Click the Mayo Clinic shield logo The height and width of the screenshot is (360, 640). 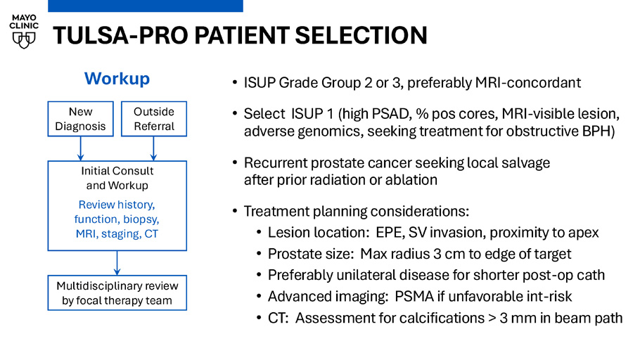coord(24,40)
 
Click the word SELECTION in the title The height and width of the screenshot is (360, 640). coord(361,35)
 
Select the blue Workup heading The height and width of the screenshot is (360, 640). coord(117,78)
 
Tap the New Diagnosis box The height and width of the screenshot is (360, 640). coord(80,119)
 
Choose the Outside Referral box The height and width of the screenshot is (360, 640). coord(154,119)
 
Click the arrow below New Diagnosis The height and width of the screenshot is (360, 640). coord(80,148)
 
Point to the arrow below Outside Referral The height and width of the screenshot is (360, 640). coord(153,148)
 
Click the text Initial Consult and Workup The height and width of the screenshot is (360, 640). coord(117,178)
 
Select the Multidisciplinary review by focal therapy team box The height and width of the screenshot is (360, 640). coord(117,293)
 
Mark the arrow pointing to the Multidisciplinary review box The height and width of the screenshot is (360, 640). coord(117,263)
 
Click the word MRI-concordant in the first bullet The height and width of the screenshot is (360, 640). coord(528,83)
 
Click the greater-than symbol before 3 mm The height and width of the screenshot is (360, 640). coord(492,319)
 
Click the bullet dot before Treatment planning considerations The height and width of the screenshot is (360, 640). coord(235,211)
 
